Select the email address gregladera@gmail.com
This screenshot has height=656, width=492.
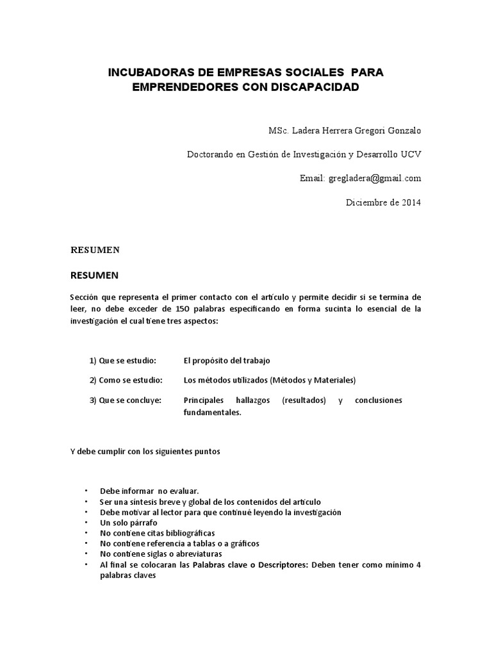click(x=375, y=178)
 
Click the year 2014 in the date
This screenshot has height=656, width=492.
click(x=413, y=202)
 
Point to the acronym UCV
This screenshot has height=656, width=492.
click(x=411, y=154)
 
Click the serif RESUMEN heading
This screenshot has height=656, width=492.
click(x=95, y=250)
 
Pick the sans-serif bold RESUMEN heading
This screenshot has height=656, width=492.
click(x=94, y=275)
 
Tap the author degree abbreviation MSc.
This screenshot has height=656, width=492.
click(x=281, y=131)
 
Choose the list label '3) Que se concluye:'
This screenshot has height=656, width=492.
click(x=126, y=400)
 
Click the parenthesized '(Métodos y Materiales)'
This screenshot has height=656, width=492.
click(x=314, y=380)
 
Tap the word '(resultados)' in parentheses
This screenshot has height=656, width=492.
click(x=304, y=400)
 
